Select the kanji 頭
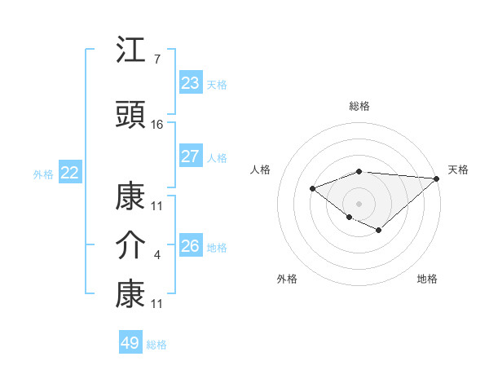(131, 115)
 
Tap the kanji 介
(131, 244)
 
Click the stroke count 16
(157, 125)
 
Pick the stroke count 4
(156, 255)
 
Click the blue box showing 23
(191, 83)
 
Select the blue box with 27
(191, 156)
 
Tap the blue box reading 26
(191, 246)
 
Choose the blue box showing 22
(70, 173)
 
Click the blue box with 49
(130, 343)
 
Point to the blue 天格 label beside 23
(217, 85)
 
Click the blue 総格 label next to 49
(156, 345)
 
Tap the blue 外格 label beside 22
(43, 174)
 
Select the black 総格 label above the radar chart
(359, 106)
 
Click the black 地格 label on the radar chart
(427, 279)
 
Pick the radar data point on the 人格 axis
(312, 189)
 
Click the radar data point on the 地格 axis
(379, 231)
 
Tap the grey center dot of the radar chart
(359, 202)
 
